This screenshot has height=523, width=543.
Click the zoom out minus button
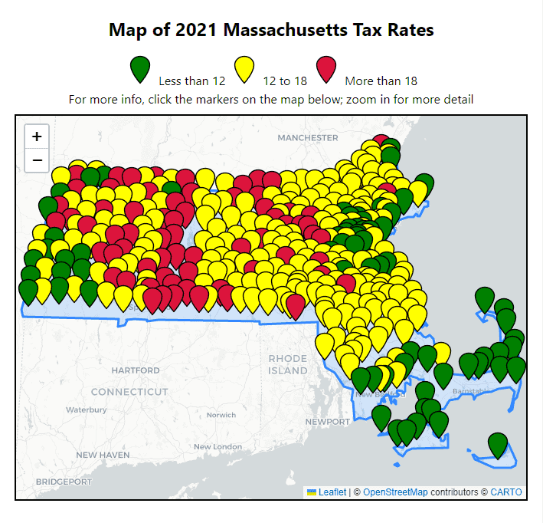[x=37, y=160]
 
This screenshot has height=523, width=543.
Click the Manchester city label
[x=307, y=137]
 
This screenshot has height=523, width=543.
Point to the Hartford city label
[x=136, y=370]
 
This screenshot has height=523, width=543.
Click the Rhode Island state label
[x=288, y=364]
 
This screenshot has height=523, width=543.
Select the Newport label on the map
[x=327, y=422]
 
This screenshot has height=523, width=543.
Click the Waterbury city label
[x=86, y=410]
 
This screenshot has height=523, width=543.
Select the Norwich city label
[x=221, y=415]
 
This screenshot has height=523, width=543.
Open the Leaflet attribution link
[x=332, y=492]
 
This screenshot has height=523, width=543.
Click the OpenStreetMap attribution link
[x=395, y=492]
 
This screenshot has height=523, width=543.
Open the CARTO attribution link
[x=506, y=492]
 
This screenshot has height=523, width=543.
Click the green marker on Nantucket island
[x=498, y=444]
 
